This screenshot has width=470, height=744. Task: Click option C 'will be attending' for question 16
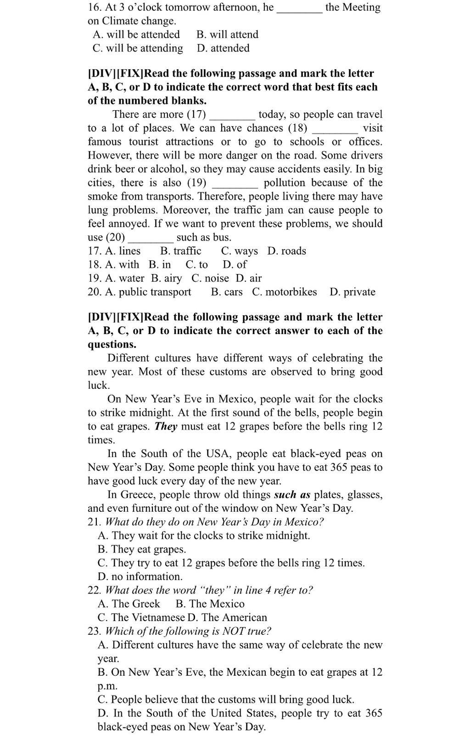click(138, 48)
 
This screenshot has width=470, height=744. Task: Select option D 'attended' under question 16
click(223, 48)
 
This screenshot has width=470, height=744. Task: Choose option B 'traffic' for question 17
click(181, 251)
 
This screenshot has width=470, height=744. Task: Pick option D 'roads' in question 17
click(286, 251)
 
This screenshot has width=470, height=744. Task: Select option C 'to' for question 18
click(196, 265)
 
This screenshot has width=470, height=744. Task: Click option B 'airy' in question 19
click(167, 279)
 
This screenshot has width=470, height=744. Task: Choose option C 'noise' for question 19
click(210, 279)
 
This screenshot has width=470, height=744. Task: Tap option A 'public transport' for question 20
click(148, 292)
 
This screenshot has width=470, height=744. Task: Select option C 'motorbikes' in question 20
click(284, 292)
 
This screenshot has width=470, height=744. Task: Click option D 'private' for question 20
click(352, 292)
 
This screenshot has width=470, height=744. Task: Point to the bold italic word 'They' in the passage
click(166, 426)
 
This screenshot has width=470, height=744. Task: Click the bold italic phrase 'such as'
click(292, 495)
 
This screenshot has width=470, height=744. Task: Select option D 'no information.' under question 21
click(140, 577)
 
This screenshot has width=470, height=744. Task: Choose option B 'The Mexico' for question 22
click(210, 604)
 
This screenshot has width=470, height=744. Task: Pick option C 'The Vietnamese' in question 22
click(141, 618)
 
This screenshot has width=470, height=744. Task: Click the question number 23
click(94, 632)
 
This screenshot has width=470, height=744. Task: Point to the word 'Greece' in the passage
click(138, 495)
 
